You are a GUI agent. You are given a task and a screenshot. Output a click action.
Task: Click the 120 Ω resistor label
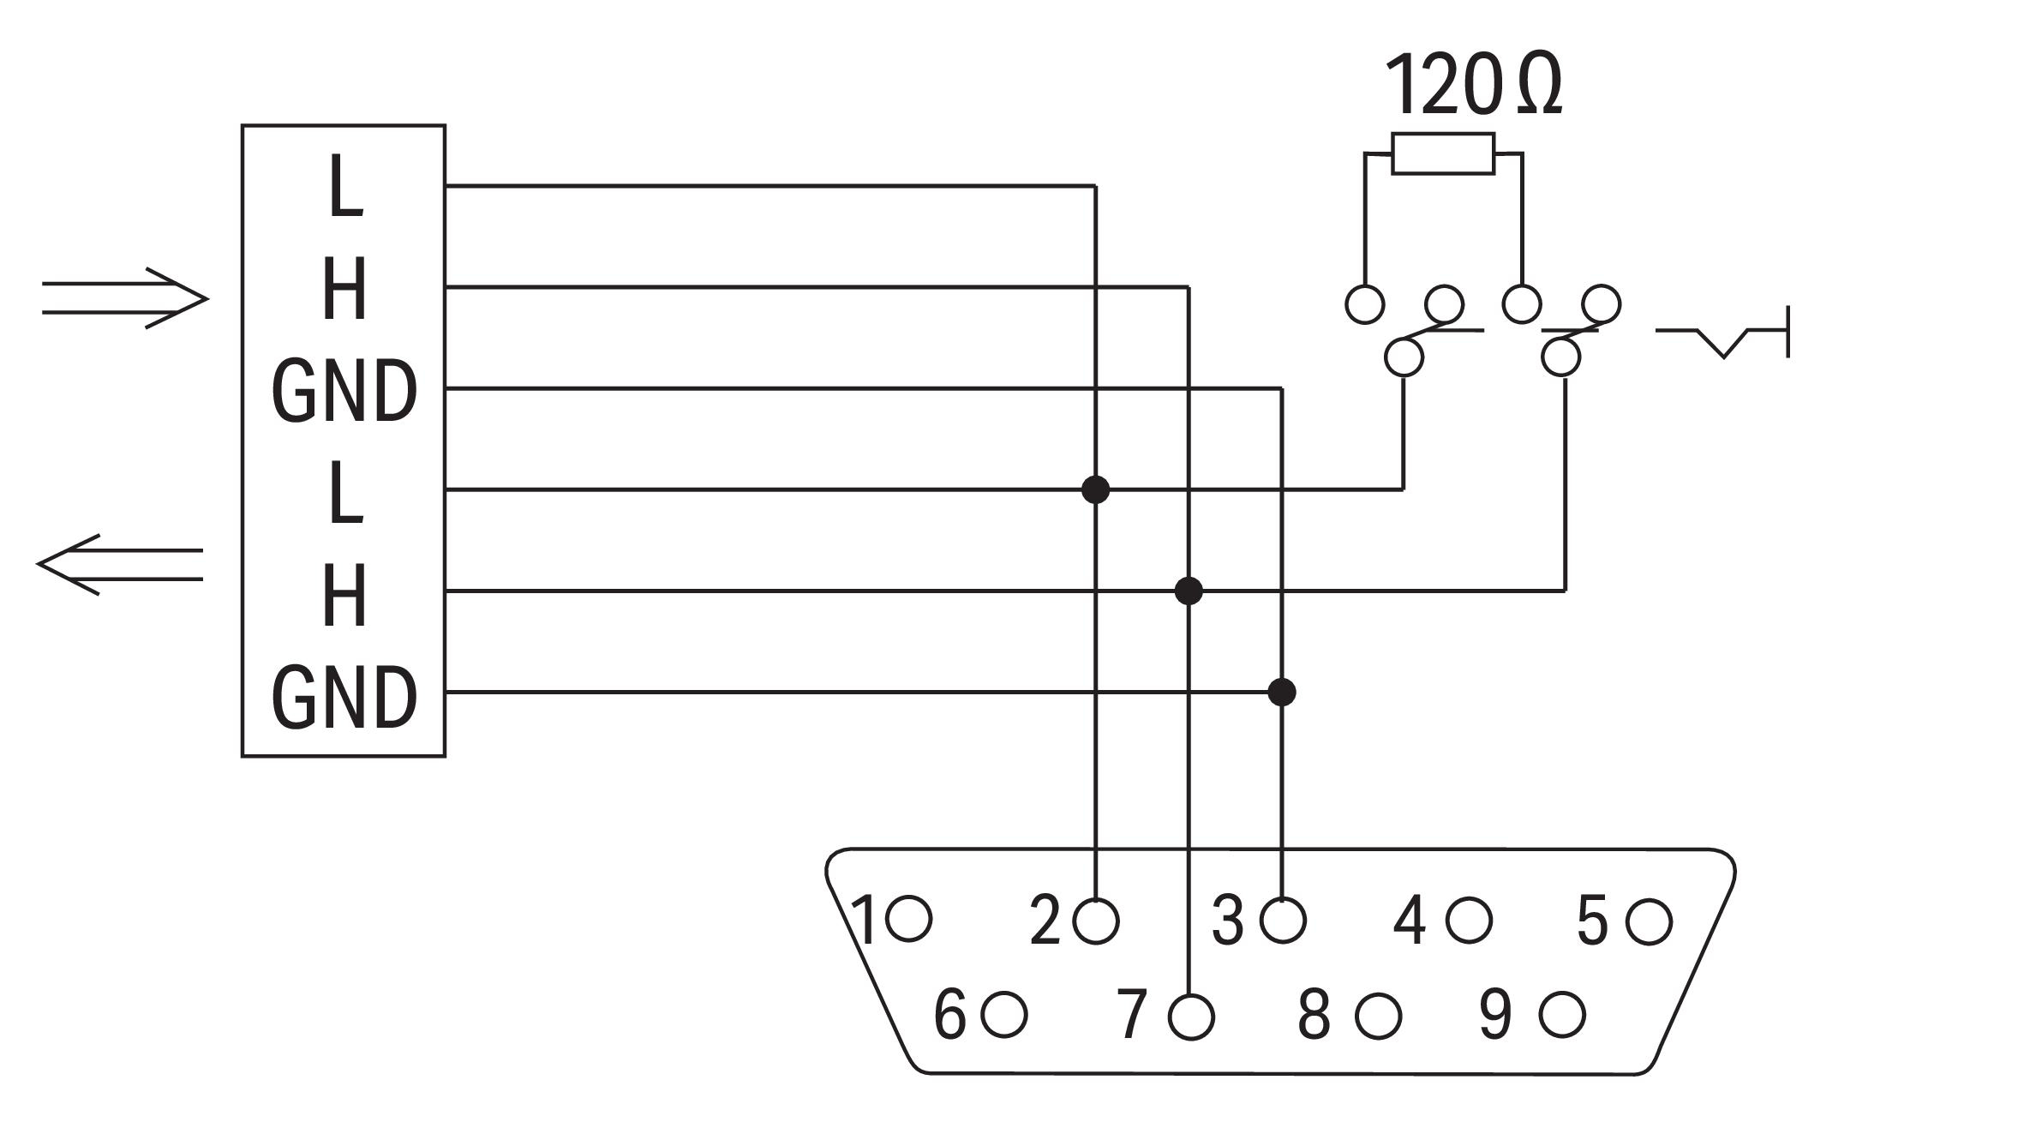point(1472,86)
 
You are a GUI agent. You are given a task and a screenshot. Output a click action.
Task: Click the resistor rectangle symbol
point(1443,153)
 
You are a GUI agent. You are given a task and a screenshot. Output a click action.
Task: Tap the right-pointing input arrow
point(125,299)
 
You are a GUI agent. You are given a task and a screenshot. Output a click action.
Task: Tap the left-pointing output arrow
point(120,564)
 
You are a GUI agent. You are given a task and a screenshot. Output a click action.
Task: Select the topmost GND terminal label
point(344,391)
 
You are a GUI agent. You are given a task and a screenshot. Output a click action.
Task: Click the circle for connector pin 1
point(909,919)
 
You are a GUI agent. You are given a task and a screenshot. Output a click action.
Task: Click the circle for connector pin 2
point(1096,921)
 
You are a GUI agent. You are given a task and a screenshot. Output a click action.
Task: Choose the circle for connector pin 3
point(1283,921)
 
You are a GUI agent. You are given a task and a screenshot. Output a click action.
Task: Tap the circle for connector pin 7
point(1191,1017)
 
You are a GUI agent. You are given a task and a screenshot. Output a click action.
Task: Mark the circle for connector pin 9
point(1562,1015)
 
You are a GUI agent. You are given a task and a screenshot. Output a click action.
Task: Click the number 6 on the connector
point(949,1015)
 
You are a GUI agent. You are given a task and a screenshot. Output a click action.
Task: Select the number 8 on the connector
point(1314,1015)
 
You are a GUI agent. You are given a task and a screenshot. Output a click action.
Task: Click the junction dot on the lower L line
point(1095,489)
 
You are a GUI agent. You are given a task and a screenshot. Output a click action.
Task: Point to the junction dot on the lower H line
point(1189,591)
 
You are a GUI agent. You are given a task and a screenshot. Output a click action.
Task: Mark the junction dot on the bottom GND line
point(1281,692)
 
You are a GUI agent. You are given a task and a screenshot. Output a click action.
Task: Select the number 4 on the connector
point(1410,921)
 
